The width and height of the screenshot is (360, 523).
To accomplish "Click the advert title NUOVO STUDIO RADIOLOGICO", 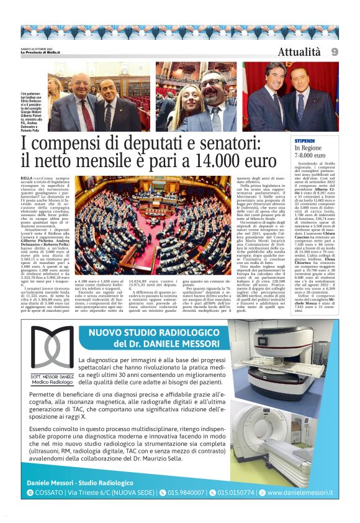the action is pos(164,334).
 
